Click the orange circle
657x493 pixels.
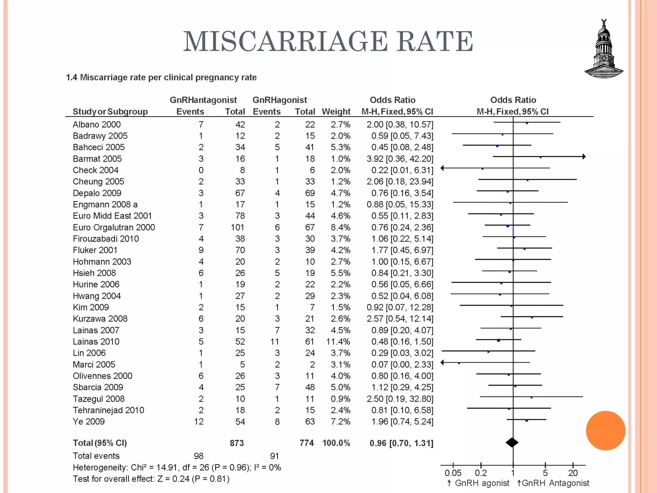click(x=605, y=430)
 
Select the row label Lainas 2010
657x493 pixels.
click(x=96, y=342)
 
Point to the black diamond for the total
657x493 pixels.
click(x=512, y=443)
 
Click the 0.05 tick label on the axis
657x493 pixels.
click(x=453, y=473)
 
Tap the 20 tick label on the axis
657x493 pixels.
click(x=573, y=473)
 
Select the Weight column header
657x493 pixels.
click(x=336, y=112)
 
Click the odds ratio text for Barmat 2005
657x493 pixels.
click(x=400, y=159)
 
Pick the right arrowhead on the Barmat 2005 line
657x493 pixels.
click(x=584, y=157)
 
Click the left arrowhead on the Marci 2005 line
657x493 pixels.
click(x=442, y=362)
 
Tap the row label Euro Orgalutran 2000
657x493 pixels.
click(x=114, y=228)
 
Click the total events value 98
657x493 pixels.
click(x=199, y=456)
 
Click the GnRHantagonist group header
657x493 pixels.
click(x=203, y=100)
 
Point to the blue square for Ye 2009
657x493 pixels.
click(x=526, y=420)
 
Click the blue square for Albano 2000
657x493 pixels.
click(x=527, y=123)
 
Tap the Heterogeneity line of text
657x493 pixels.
click(x=177, y=468)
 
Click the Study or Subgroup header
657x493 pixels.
click(x=110, y=112)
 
